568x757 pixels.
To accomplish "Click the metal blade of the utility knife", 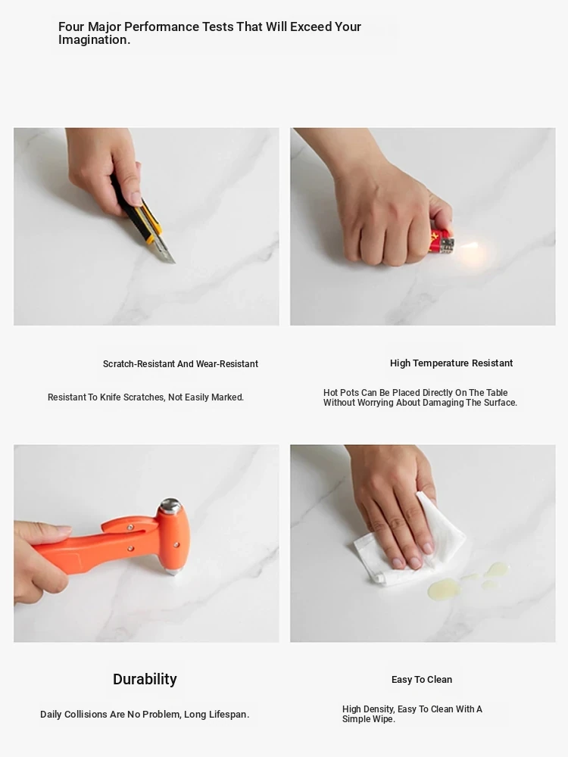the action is (x=164, y=251).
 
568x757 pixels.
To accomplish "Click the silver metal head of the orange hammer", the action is (x=170, y=506).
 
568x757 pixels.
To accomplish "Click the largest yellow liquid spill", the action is (x=443, y=588).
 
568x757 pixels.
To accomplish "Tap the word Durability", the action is (x=145, y=679).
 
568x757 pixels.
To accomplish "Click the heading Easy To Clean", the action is (x=422, y=680).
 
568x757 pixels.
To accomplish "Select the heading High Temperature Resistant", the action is (x=451, y=363).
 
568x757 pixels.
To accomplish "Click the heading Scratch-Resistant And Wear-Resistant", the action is (x=180, y=364).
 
